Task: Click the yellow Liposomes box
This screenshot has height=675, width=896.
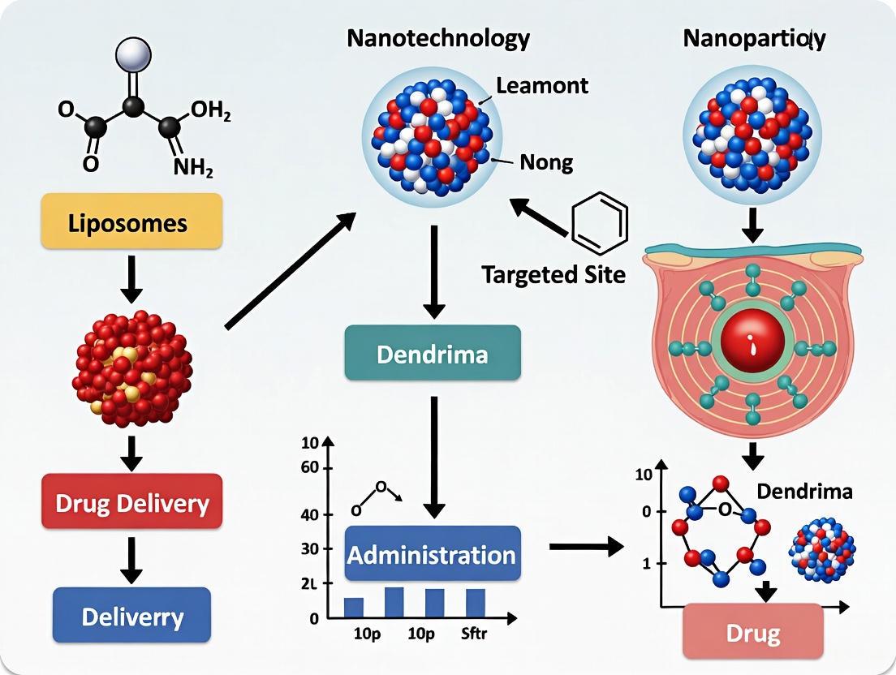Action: click(x=131, y=221)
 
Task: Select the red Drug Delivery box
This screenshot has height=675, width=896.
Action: click(x=131, y=502)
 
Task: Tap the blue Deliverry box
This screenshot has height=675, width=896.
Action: click(x=131, y=616)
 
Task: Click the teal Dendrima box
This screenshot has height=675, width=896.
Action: click(x=432, y=353)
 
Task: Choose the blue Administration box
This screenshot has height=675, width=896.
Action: click(x=432, y=554)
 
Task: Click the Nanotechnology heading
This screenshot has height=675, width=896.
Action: click(x=438, y=38)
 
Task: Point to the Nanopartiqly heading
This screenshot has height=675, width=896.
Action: click(x=754, y=38)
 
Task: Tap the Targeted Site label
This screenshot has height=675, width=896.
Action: click(x=554, y=274)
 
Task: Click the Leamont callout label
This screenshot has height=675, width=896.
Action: click(x=541, y=84)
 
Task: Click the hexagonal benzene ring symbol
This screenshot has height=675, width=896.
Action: click(x=600, y=217)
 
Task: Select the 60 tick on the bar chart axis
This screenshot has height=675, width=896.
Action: click(x=310, y=468)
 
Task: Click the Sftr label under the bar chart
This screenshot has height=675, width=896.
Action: click(x=475, y=634)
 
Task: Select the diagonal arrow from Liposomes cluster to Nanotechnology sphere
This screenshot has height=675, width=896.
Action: click(x=290, y=271)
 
